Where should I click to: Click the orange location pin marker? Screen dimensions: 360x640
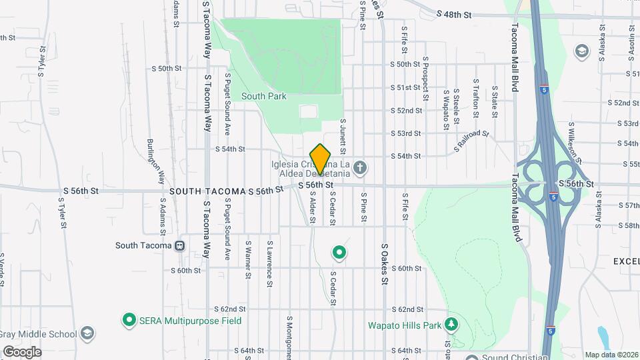[321, 159]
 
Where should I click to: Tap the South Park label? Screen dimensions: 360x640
[264, 97]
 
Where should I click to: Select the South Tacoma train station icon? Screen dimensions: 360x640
[179, 245]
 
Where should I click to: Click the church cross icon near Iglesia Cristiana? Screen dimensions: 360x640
[360, 167]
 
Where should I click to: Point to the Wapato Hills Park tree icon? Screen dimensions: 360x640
[453, 325]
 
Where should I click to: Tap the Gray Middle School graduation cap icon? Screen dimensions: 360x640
[87, 333]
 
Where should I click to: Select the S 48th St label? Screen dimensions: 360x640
[454, 14]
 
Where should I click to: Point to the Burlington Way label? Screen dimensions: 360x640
[155, 162]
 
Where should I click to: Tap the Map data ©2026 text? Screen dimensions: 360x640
[611, 355]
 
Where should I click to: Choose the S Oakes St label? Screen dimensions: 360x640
[385, 264]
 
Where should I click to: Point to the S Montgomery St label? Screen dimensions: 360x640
[290, 337]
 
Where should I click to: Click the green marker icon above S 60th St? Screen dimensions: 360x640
[339, 252]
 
